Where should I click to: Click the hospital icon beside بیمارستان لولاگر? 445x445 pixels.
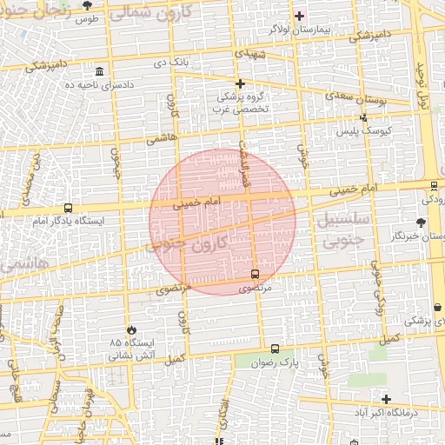pyautogui.click(x=299, y=16)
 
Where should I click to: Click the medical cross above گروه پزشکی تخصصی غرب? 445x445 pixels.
pyautogui.click(x=241, y=83)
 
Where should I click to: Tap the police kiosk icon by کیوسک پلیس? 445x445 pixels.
pyautogui.click(x=363, y=118)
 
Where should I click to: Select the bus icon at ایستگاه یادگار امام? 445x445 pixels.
pyautogui.click(x=68, y=209)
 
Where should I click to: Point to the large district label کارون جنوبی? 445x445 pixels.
pyautogui.click(x=191, y=242)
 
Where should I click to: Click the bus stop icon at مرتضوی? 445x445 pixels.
pyautogui.click(x=255, y=273)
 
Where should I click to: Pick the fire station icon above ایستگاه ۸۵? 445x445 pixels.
pyautogui.click(x=131, y=329)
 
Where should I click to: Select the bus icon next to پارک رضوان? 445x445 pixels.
pyautogui.click(x=276, y=349)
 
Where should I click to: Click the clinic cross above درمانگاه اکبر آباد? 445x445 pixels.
pyautogui.click(x=386, y=399)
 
